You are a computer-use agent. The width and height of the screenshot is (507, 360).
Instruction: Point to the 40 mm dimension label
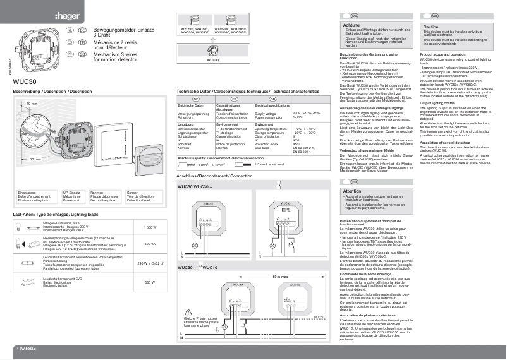(x=32, y=103)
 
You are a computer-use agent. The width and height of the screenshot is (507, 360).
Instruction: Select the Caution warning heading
(x=431, y=28)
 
